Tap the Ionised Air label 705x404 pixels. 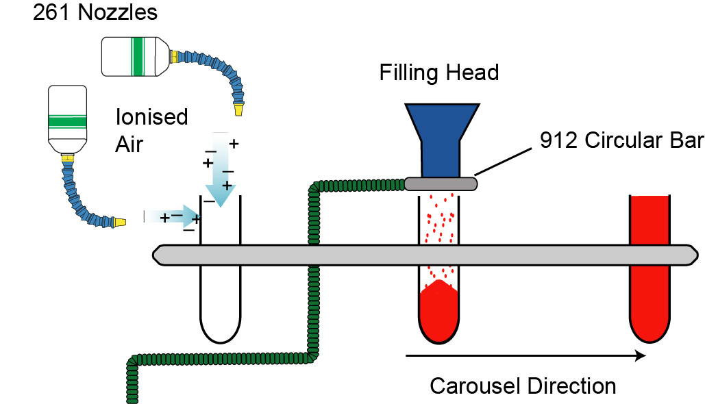coord(151,128)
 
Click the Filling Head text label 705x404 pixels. coord(439,73)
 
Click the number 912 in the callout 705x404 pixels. coord(558,140)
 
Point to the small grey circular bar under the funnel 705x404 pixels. coord(441,184)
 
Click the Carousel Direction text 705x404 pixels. coord(523,386)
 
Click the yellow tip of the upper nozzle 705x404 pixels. coord(238,108)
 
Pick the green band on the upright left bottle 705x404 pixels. coord(66,121)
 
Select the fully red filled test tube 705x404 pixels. coord(650,267)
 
